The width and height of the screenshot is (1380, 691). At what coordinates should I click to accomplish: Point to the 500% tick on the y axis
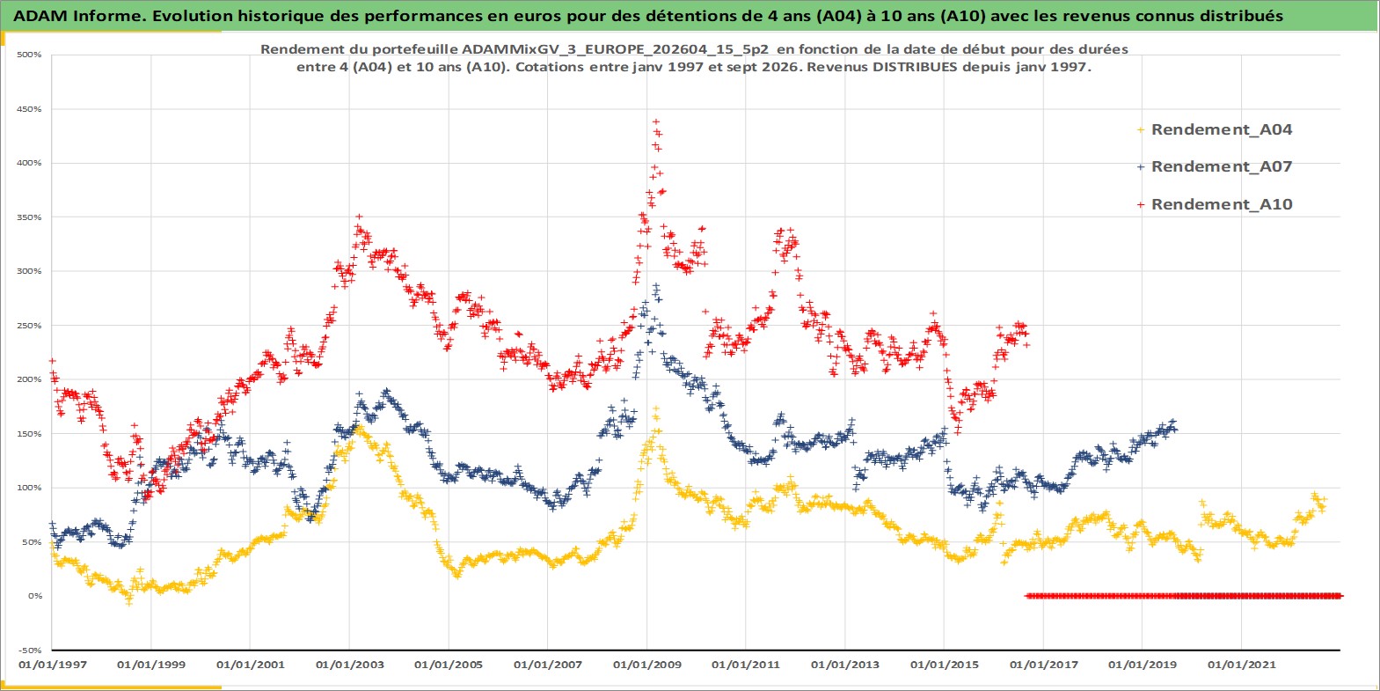[29, 55]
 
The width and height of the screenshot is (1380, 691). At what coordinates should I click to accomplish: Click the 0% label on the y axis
[34, 596]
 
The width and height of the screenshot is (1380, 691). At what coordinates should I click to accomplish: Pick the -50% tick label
[30, 651]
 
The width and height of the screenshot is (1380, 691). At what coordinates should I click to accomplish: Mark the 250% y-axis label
[29, 326]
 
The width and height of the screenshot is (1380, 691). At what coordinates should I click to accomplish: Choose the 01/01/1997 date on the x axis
[53, 665]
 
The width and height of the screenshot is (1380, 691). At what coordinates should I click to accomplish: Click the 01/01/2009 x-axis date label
[646, 665]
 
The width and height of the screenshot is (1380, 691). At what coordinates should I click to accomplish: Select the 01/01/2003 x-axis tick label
[349, 665]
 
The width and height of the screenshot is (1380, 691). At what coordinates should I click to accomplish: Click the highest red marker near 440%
[656, 122]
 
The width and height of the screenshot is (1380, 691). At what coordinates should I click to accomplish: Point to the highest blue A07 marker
[657, 286]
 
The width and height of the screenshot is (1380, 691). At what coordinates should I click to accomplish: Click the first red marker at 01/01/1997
[53, 361]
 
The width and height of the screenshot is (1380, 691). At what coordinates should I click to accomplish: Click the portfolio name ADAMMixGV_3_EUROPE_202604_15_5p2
[615, 49]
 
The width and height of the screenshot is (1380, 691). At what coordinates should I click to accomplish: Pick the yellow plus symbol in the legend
[1141, 130]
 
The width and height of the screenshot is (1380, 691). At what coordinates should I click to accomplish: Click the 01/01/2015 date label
[944, 665]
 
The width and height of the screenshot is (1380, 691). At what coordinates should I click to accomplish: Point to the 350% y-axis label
[29, 217]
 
